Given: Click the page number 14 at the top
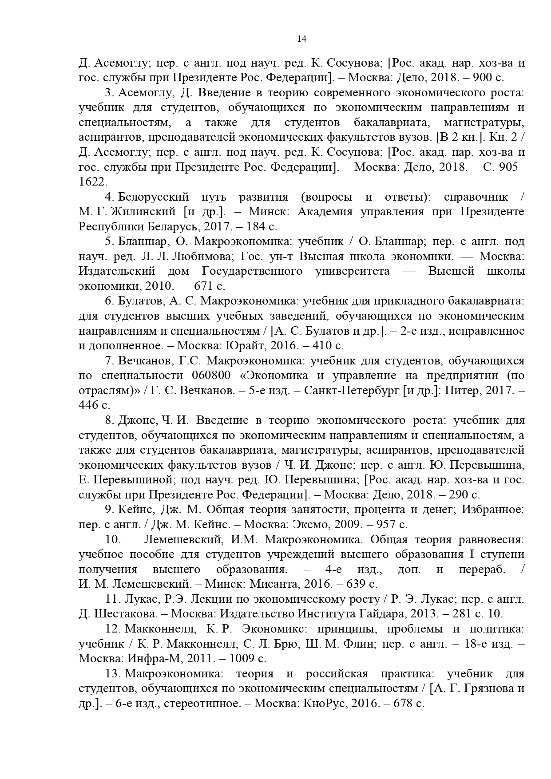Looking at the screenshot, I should [301, 39].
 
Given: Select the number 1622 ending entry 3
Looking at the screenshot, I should [92, 182].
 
